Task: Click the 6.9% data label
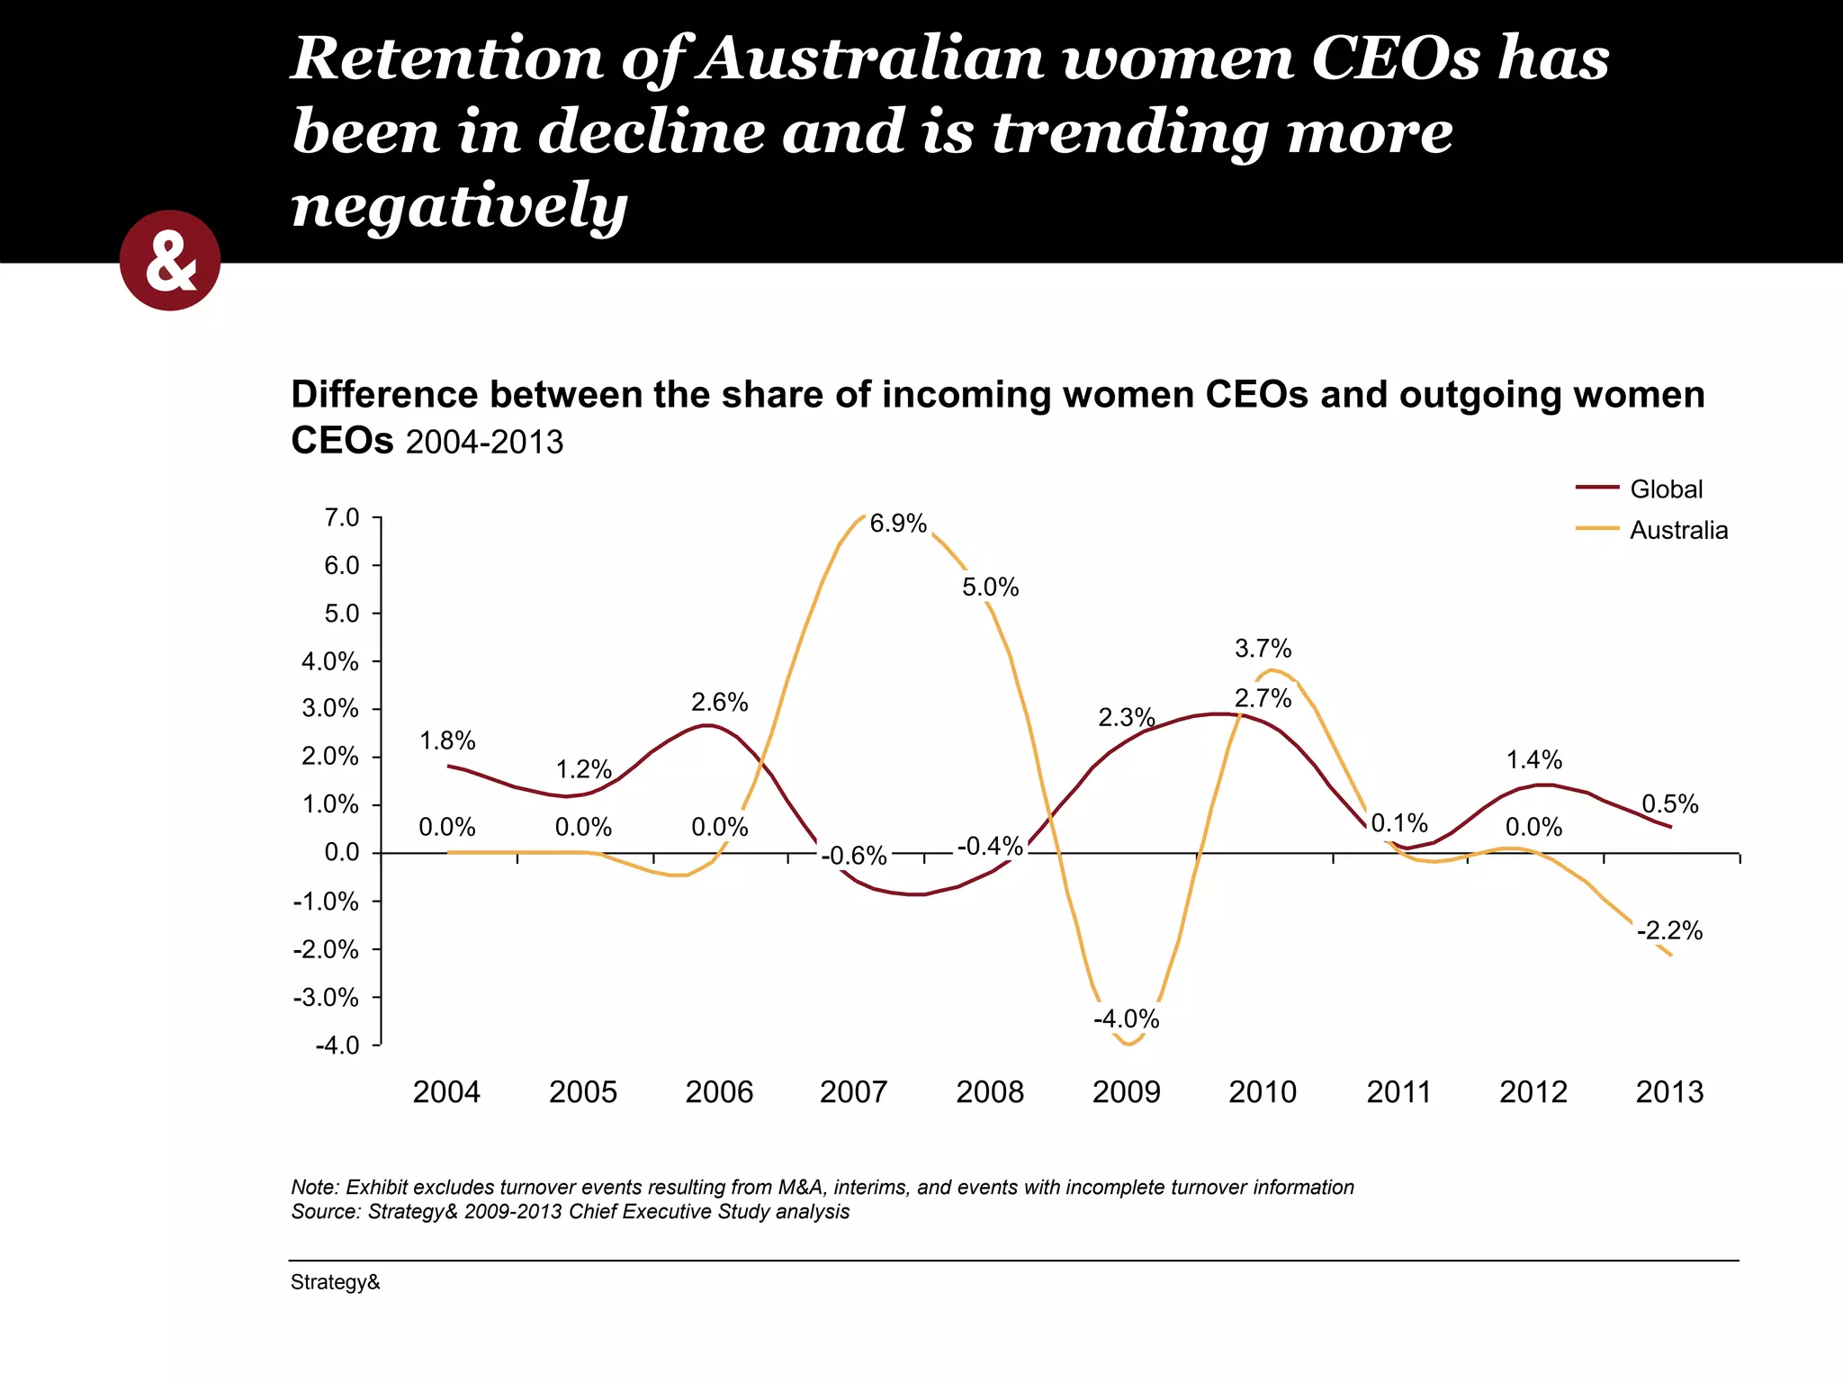point(897,524)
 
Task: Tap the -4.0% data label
point(1126,1019)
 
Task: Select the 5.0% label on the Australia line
point(990,588)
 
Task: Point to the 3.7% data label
point(1263,649)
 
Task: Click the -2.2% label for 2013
point(1669,931)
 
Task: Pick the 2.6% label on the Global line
point(719,703)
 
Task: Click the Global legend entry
point(1665,489)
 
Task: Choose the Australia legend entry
point(1677,531)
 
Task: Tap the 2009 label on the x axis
point(1126,1092)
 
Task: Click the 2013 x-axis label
point(1669,1092)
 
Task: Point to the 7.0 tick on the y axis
point(341,518)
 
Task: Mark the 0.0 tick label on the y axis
point(341,853)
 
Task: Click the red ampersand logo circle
point(170,261)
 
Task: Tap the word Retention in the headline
point(447,59)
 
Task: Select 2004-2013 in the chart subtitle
point(484,443)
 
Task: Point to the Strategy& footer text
point(335,1282)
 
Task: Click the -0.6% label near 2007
point(854,856)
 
